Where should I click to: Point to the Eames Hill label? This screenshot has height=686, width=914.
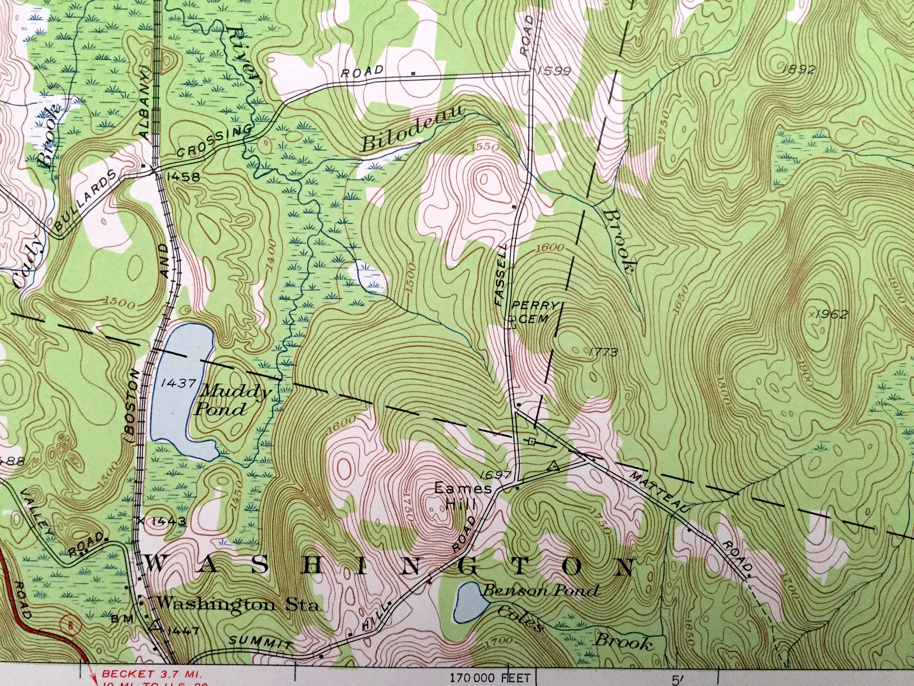(x=463, y=496)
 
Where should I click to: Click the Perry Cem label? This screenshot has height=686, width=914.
(x=534, y=312)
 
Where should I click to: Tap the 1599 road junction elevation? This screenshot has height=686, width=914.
(x=553, y=72)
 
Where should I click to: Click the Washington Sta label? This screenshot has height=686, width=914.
(x=239, y=605)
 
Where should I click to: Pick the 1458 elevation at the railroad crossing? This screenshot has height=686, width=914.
(x=183, y=177)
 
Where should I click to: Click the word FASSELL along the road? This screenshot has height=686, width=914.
(x=501, y=280)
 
